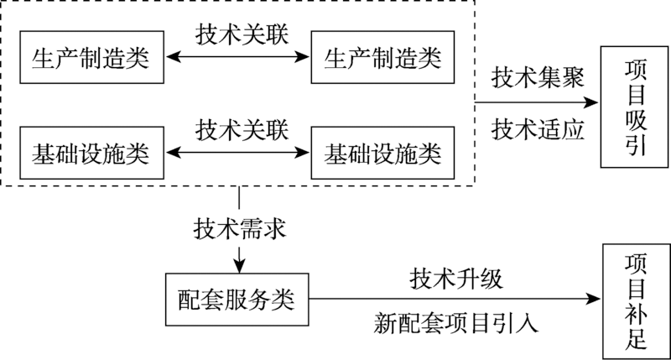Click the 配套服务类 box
pos(237,298)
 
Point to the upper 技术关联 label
pos(242,34)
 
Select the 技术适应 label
pos(537,129)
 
